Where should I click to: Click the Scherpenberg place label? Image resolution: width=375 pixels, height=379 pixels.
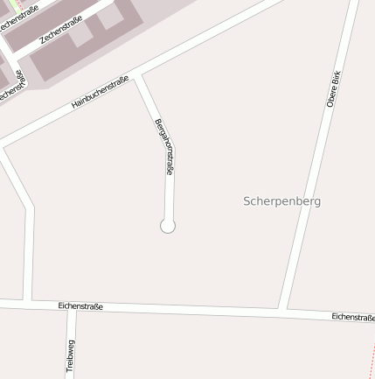click(x=281, y=200)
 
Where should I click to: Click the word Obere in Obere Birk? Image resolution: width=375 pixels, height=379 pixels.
click(x=331, y=98)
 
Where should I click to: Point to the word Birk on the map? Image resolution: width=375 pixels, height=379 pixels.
click(x=337, y=78)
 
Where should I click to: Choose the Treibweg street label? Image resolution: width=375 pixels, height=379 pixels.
click(x=71, y=356)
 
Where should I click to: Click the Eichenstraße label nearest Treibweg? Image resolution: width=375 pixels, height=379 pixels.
click(x=80, y=306)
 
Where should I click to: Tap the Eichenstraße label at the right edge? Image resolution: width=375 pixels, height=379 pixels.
click(x=353, y=317)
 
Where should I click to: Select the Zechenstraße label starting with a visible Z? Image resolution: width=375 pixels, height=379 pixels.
click(x=61, y=29)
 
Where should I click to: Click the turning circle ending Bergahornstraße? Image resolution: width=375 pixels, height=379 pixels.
click(x=168, y=226)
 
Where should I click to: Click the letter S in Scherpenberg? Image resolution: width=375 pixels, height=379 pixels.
click(x=247, y=200)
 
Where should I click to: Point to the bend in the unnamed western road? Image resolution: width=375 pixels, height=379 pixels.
click(x=30, y=208)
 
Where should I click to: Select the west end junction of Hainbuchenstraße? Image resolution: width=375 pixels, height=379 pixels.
click(x=4, y=144)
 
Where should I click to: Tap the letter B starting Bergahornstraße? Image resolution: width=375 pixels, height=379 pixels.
click(x=157, y=122)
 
